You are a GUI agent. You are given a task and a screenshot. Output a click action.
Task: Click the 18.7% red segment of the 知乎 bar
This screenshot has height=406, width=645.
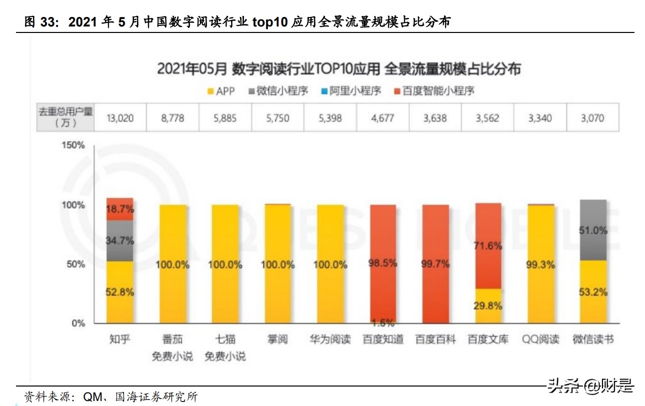click(119, 209)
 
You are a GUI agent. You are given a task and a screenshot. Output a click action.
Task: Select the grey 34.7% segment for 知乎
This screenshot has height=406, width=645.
click(119, 241)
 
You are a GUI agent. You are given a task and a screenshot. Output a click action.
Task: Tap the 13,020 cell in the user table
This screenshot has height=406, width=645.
click(120, 118)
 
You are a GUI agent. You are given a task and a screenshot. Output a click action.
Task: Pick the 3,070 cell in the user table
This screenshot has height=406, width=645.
click(592, 118)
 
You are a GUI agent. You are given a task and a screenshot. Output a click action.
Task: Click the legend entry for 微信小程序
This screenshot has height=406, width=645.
click(277, 91)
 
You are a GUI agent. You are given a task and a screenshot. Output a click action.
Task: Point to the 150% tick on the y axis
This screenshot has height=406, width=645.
click(73, 146)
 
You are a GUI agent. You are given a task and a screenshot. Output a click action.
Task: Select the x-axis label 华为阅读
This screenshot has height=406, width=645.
click(330, 340)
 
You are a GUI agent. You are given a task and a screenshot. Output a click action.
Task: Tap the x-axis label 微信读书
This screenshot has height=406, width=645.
click(592, 340)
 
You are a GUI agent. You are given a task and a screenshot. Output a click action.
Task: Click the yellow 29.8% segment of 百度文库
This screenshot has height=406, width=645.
click(487, 306)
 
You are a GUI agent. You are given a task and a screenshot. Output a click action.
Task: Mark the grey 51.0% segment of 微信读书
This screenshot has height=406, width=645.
click(593, 230)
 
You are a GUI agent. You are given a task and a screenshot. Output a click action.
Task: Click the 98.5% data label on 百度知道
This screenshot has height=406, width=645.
click(383, 263)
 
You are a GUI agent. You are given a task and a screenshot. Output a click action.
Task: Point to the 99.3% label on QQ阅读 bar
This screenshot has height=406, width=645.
click(540, 265)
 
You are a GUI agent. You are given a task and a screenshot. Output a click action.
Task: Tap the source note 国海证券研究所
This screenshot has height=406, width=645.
click(156, 397)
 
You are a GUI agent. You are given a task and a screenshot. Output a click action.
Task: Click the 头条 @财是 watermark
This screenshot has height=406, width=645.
click(590, 386)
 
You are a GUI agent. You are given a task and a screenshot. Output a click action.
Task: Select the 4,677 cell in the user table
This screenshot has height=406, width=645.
click(383, 118)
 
